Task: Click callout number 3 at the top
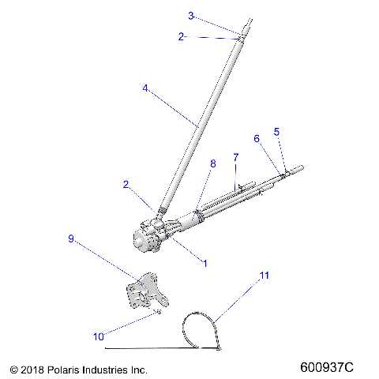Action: point(191,15)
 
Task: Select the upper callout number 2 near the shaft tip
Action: point(181,36)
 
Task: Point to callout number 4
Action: point(145,88)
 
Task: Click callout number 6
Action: point(256,138)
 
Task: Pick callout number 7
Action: point(235,157)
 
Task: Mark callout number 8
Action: point(212,163)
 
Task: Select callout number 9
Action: point(71,238)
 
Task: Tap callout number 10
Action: point(98,336)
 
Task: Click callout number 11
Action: point(265,276)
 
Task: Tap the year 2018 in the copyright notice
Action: point(32,369)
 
